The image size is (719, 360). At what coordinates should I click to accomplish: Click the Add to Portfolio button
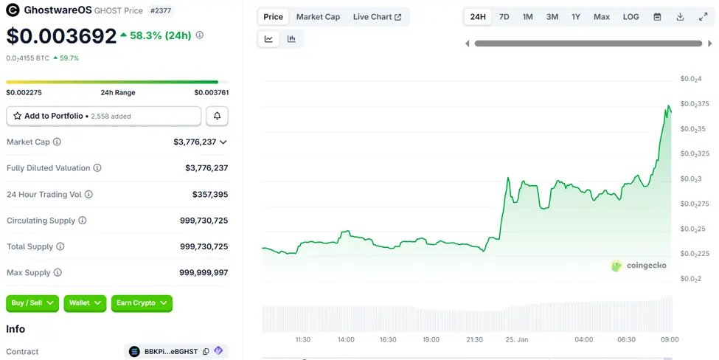(x=103, y=116)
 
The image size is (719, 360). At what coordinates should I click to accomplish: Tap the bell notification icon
(x=217, y=116)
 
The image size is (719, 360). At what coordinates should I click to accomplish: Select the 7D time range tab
(x=504, y=16)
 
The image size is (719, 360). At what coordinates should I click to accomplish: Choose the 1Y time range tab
(x=576, y=16)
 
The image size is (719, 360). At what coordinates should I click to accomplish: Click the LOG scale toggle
(x=631, y=16)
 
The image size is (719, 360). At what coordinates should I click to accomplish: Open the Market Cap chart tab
(x=318, y=16)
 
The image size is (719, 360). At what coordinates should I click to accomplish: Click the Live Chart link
(x=377, y=16)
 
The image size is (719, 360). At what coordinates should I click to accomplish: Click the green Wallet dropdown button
(x=85, y=302)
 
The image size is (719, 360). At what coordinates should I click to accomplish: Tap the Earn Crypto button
(x=142, y=302)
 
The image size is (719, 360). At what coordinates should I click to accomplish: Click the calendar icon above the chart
(x=657, y=16)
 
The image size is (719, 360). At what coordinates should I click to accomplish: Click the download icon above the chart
(x=680, y=16)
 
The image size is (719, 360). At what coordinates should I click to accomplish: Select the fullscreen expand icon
(x=703, y=16)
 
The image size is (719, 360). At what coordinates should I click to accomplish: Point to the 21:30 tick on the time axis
(x=474, y=339)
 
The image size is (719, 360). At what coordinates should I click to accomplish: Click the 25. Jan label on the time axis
(x=516, y=339)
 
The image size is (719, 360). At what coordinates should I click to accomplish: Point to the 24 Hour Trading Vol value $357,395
(x=206, y=194)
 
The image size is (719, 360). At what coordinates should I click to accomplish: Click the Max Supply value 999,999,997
(x=204, y=273)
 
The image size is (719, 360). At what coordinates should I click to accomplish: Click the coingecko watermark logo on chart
(x=639, y=266)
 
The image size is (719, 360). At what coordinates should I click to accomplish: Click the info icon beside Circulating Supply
(x=83, y=221)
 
